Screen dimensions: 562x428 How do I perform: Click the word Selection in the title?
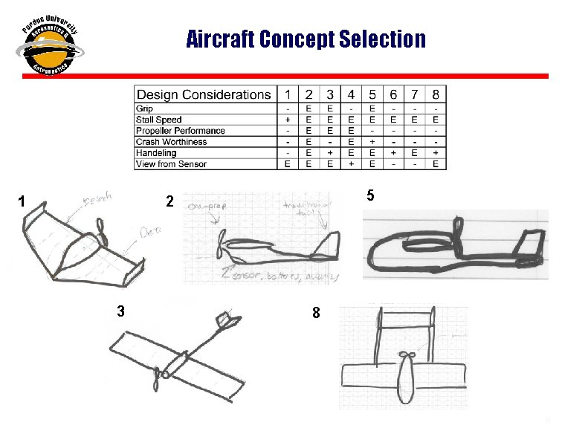(x=381, y=39)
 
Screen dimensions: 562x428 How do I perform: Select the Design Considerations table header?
(x=203, y=94)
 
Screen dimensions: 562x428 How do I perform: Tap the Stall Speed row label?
(x=158, y=120)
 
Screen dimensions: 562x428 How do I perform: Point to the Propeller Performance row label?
(x=180, y=131)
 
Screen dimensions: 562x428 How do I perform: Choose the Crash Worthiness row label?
(x=171, y=142)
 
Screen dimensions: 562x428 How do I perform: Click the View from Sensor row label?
(x=171, y=164)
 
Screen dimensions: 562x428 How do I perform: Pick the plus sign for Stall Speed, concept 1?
(x=288, y=120)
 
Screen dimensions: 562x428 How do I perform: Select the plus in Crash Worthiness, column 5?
(x=372, y=142)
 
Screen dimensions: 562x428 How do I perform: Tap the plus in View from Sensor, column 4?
(x=351, y=164)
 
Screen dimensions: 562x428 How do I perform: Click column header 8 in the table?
(x=436, y=94)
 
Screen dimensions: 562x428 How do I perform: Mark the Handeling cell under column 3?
(x=329, y=153)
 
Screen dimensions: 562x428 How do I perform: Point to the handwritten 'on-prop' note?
(x=203, y=206)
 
